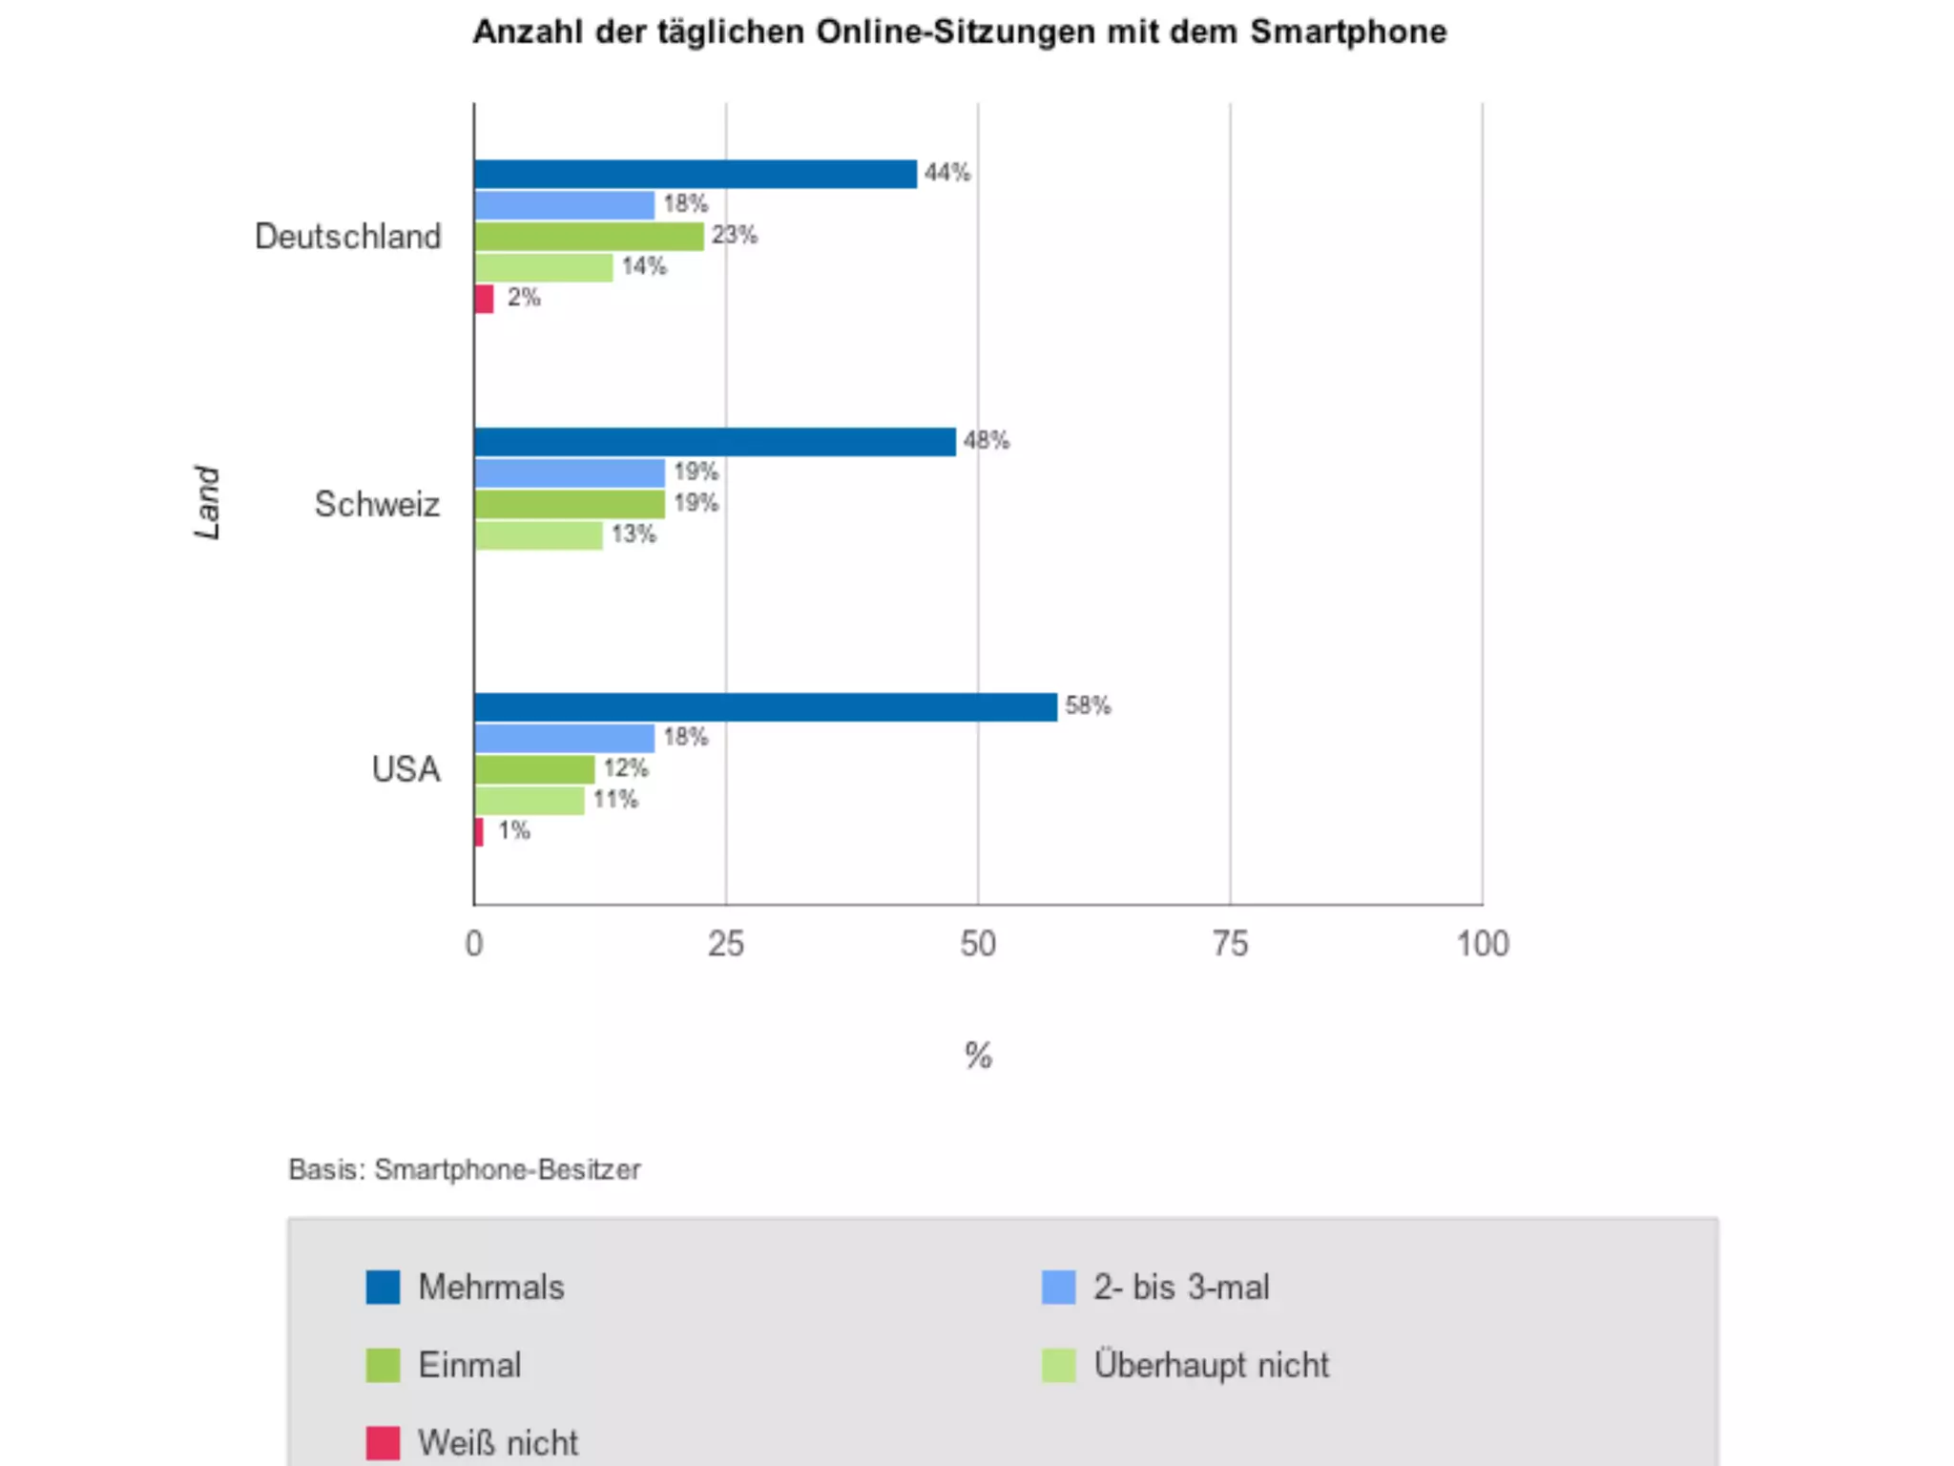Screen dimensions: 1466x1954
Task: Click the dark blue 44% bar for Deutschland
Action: tap(695, 174)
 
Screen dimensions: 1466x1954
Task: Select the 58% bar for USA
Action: tap(765, 707)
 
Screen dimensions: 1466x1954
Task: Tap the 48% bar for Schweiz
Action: tap(715, 442)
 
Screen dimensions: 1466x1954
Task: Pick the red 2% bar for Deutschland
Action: tap(484, 299)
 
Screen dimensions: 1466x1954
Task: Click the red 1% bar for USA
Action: tap(479, 831)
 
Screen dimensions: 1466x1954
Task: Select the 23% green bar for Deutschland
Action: tap(589, 236)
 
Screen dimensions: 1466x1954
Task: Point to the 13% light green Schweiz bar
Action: tap(538, 535)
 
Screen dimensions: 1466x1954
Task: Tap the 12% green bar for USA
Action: tap(534, 769)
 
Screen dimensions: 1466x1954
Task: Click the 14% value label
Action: tap(644, 266)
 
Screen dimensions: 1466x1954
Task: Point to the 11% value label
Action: tap(615, 800)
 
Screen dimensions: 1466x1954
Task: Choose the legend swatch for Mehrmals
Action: tap(383, 1287)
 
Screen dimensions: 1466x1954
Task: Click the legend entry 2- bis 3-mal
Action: tap(1181, 1287)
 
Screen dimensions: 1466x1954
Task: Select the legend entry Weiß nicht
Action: tap(497, 1442)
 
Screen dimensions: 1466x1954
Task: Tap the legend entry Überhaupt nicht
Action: tap(1211, 1365)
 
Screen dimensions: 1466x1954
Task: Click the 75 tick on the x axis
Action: tap(1230, 944)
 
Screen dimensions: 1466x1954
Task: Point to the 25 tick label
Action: tap(725, 944)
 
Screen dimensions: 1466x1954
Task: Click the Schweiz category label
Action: tap(377, 504)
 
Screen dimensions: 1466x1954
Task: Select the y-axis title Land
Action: tap(207, 503)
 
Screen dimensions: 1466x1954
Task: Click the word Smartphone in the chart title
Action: tap(1348, 32)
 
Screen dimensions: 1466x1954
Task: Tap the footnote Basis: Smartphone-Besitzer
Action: tap(465, 1169)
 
